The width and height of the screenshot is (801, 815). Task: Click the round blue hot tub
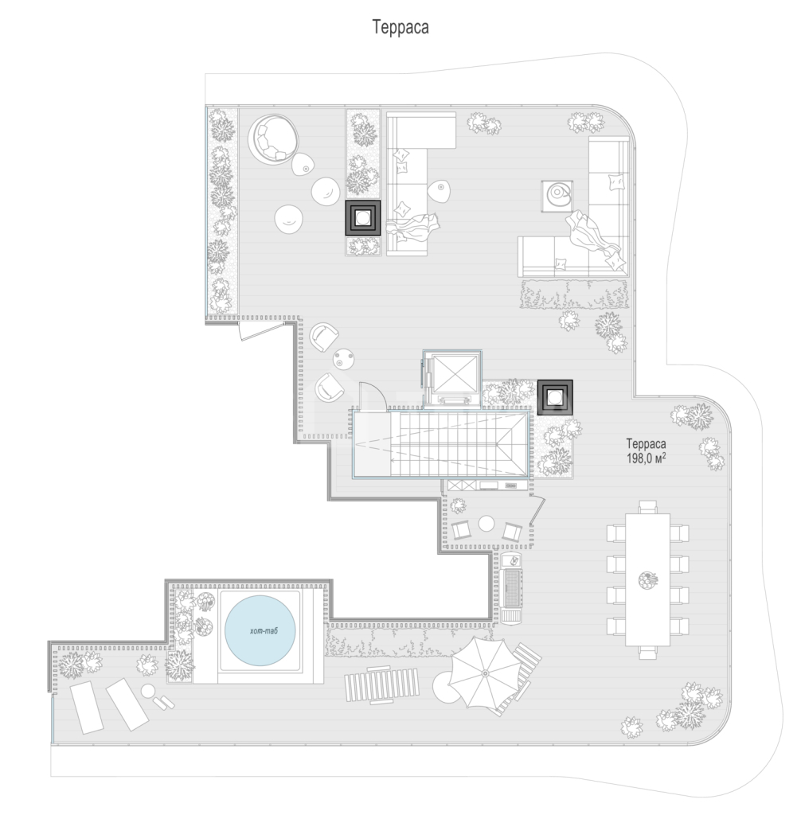point(260,630)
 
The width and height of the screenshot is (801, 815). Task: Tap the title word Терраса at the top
point(400,27)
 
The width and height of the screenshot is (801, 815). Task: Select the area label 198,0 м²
point(646,458)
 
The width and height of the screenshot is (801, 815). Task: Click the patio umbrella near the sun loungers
point(485,673)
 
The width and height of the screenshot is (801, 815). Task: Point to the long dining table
point(647,579)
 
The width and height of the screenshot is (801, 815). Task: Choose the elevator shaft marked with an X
point(452,376)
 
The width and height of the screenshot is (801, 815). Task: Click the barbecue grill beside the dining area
point(513,588)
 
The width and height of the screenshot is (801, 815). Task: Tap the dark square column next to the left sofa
point(363,218)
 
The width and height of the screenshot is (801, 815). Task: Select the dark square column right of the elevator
point(555,398)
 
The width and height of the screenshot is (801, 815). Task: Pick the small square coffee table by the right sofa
point(557,196)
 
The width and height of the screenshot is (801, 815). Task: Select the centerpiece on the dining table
point(648,580)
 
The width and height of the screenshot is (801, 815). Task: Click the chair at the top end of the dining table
point(648,507)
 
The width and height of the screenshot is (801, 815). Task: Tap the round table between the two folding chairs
point(486,524)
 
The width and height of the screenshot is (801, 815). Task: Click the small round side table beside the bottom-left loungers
point(149,691)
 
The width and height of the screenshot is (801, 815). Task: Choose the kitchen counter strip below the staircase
point(487,485)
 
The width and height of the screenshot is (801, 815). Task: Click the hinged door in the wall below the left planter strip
point(260,330)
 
